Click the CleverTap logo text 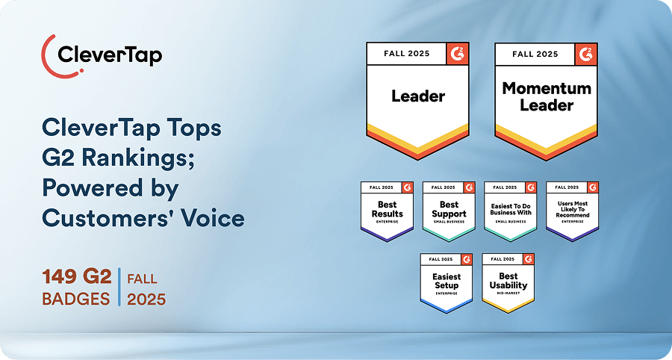click(110, 56)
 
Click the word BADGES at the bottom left click(76, 299)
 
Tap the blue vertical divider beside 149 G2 click(119, 287)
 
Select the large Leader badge click(418, 101)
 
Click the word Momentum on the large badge click(547, 88)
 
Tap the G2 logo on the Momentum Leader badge click(586, 54)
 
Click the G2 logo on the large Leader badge click(457, 54)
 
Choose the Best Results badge click(387, 211)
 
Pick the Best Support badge click(449, 211)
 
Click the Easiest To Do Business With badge click(511, 211)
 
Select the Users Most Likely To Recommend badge click(572, 211)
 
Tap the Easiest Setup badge click(447, 283)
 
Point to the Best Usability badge click(508, 283)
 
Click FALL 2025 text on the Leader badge click(407, 54)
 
